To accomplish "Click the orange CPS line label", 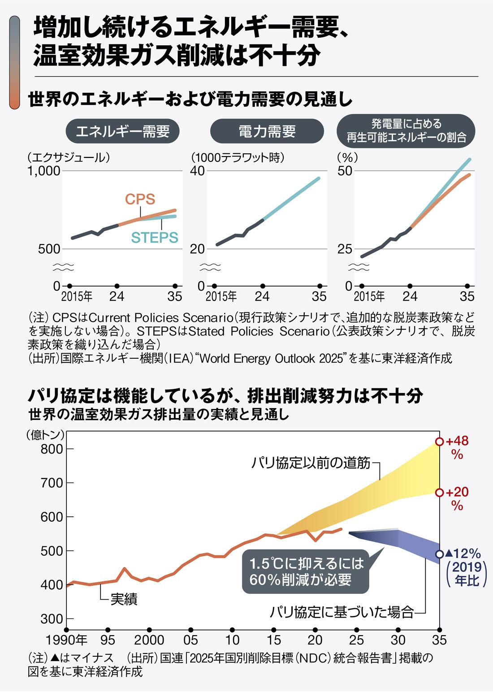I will click(x=140, y=199).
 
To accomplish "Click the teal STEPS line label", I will click(x=155, y=237).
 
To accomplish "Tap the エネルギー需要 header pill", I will click(x=122, y=131).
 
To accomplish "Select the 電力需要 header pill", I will click(x=267, y=131).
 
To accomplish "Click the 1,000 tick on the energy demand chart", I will click(x=43, y=171).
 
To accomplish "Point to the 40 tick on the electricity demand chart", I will click(x=197, y=171).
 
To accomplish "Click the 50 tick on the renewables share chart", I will click(x=345, y=171).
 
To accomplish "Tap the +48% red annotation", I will click(x=457, y=447).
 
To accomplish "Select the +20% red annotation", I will click(x=457, y=498).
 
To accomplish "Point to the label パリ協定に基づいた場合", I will click(x=342, y=612).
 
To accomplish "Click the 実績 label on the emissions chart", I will click(x=124, y=599).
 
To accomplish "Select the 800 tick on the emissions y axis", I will click(x=52, y=449).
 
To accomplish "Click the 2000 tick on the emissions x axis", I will click(x=149, y=640).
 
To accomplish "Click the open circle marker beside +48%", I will click(x=440, y=442).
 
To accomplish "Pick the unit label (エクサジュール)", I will click(x=69, y=157).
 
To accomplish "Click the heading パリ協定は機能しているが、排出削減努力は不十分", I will click(x=225, y=396).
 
